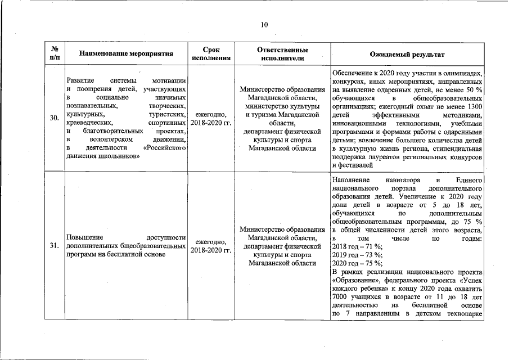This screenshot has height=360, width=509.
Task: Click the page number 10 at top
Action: pos(264,24)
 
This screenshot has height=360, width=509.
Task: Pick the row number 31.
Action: pos(55,246)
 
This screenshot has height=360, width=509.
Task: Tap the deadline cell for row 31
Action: pos(211,246)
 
